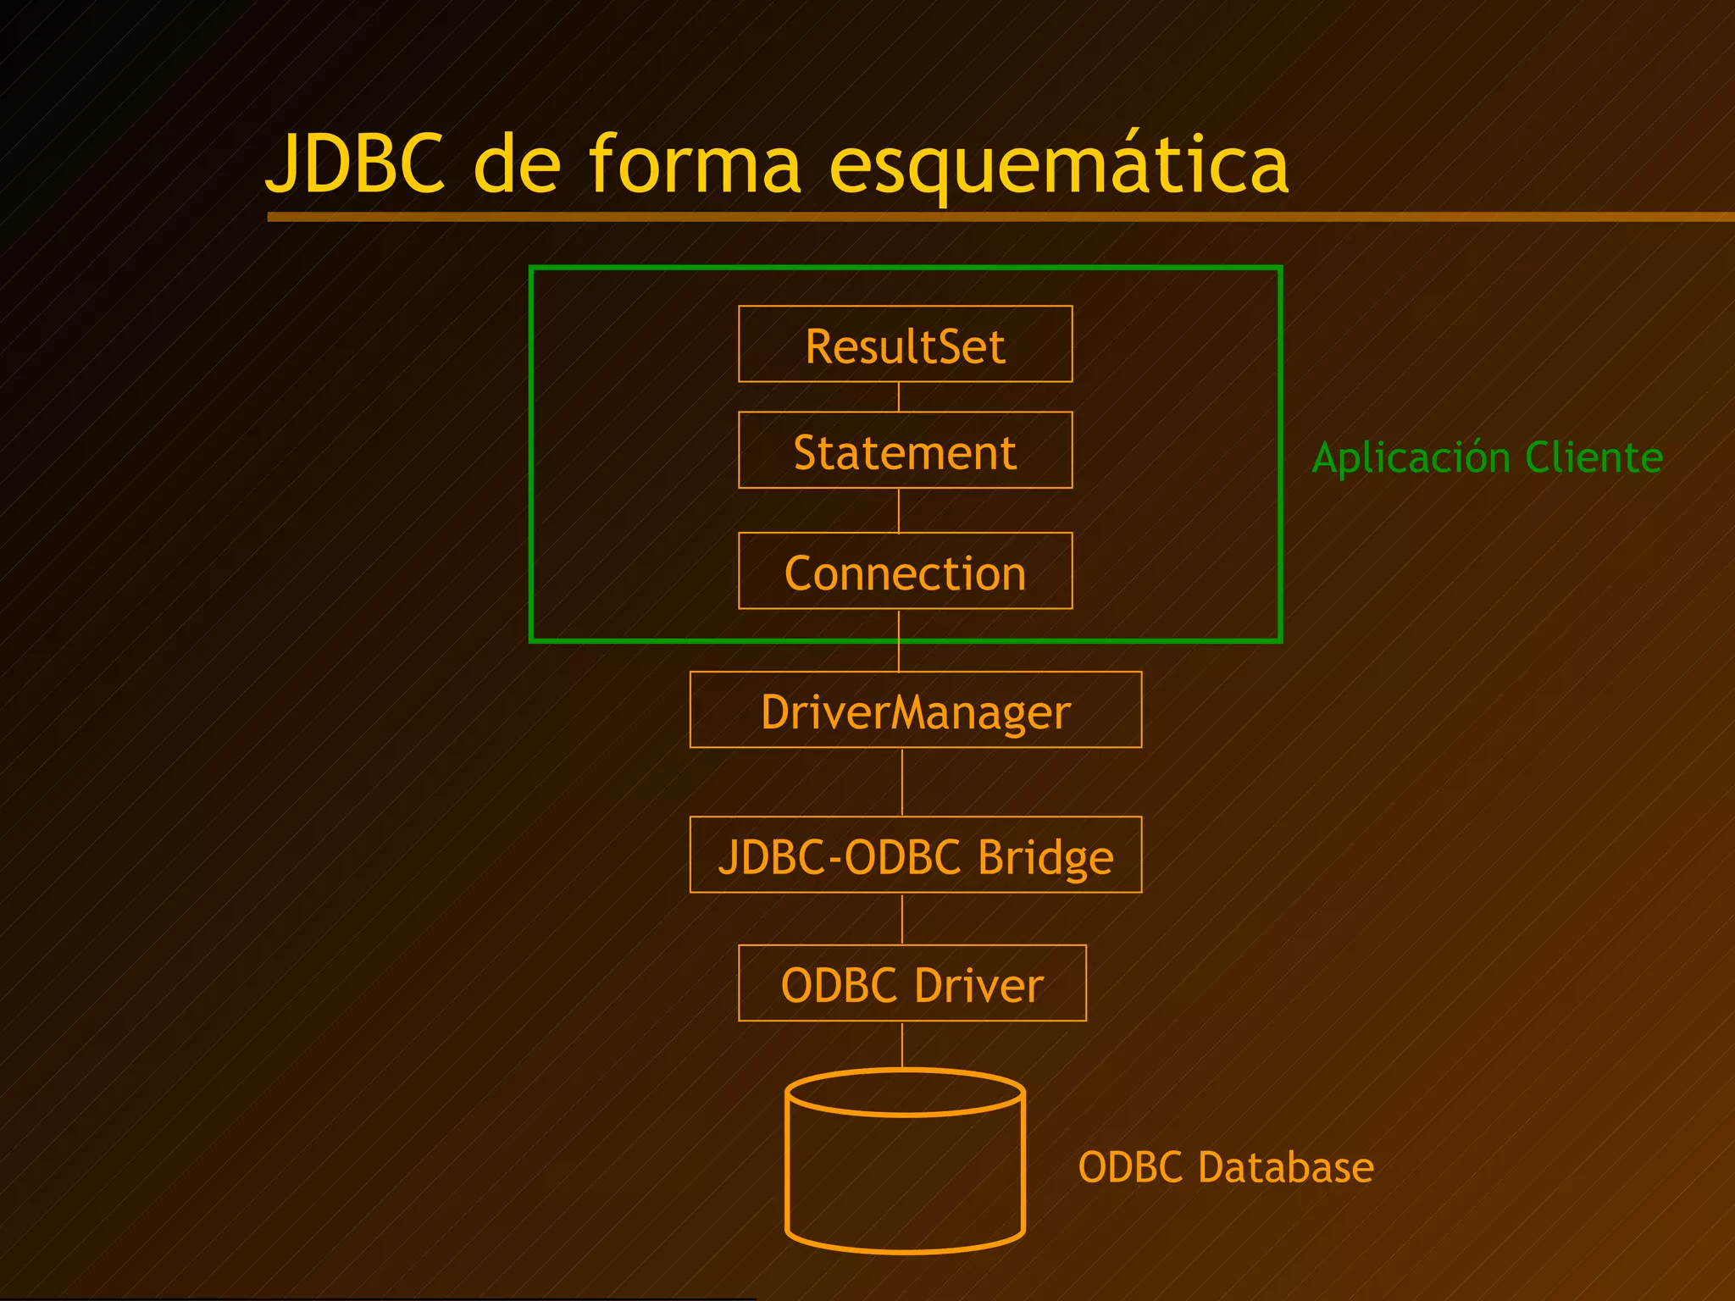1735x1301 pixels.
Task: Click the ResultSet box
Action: (x=905, y=345)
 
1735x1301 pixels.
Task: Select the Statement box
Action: (x=905, y=451)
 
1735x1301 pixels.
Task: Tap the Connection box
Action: (x=905, y=572)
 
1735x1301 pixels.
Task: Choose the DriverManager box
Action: (x=915, y=710)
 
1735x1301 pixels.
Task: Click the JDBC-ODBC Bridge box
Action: (x=915, y=855)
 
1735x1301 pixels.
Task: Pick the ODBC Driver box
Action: (x=912, y=983)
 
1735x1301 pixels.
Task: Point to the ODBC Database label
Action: (x=1225, y=1167)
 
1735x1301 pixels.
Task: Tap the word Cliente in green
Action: (x=1594, y=457)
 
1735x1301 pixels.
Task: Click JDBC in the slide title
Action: (x=356, y=163)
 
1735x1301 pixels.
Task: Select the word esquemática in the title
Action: (x=1058, y=165)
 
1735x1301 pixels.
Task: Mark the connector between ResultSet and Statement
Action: (x=899, y=397)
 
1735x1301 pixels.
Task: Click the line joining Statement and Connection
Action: (x=899, y=511)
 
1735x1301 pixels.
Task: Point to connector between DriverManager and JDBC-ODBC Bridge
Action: (x=902, y=782)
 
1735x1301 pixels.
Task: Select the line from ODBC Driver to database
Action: (x=902, y=1044)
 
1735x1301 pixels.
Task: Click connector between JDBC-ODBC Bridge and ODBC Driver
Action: (x=902, y=919)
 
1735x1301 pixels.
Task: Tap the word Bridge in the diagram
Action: (x=1045, y=857)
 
